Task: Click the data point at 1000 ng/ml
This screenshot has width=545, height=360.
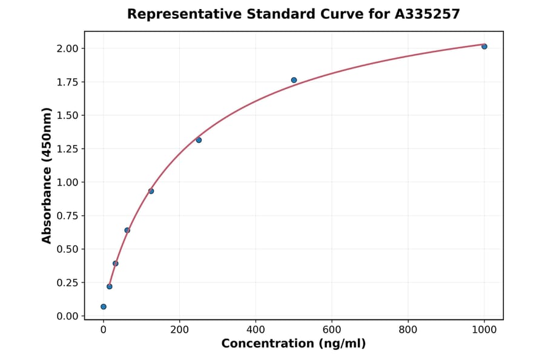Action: [484, 47]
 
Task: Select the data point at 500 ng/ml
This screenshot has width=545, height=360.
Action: [294, 80]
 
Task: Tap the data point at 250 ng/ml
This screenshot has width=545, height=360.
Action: [199, 140]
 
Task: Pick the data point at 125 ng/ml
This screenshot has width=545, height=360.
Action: [151, 191]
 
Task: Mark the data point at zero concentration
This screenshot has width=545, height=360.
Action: [104, 307]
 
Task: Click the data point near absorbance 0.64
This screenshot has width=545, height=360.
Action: [127, 230]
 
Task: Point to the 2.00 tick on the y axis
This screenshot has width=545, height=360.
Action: [67, 48]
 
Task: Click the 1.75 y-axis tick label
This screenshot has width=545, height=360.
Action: [67, 82]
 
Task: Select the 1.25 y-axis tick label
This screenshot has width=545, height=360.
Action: [67, 149]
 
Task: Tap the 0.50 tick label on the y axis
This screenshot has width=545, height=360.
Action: [67, 249]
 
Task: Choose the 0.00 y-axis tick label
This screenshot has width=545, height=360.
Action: [67, 316]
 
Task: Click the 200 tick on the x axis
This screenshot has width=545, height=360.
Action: [179, 330]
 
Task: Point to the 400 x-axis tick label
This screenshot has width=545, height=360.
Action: [256, 330]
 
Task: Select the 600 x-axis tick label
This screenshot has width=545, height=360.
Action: [332, 330]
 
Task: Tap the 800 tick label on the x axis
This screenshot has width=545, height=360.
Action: [408, 330]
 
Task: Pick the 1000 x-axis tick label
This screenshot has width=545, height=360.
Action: [484, 330]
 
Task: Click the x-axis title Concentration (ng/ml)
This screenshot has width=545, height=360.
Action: [294, 344]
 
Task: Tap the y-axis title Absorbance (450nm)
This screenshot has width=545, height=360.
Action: [47, 176]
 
